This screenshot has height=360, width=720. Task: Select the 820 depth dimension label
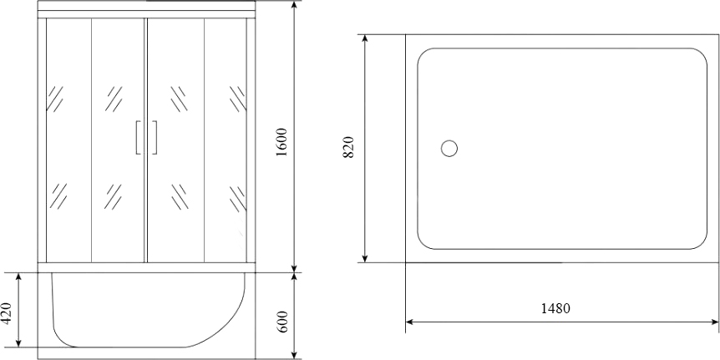point(350,147)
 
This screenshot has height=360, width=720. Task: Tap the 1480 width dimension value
point(555,308)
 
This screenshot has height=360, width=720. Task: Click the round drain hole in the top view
point(449,149)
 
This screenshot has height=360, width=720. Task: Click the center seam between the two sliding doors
point(146,142)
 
